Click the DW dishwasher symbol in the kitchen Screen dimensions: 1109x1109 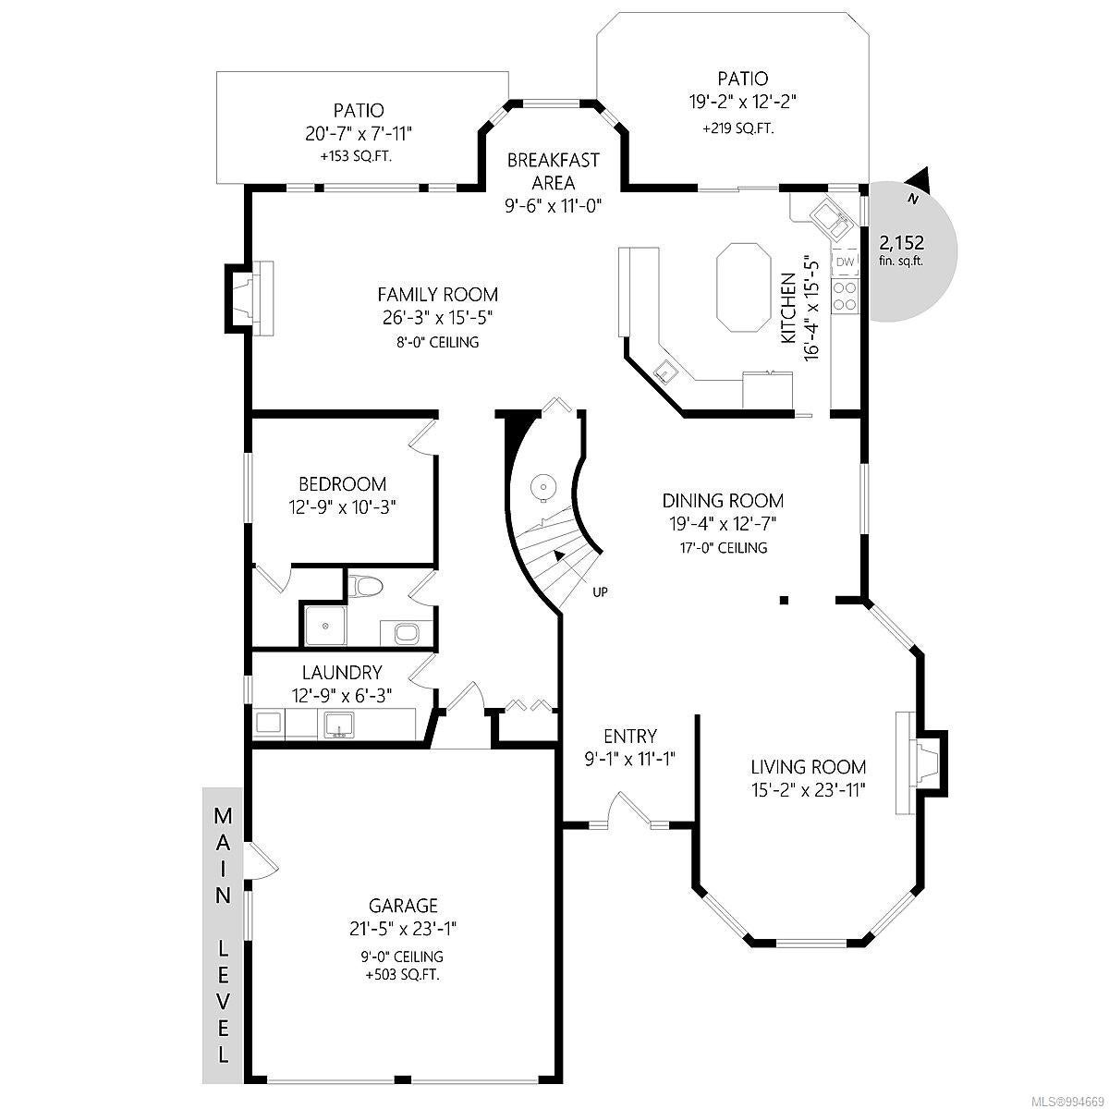(845, 262)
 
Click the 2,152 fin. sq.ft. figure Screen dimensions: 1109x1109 (902, 250)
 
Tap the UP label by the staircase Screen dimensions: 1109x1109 (600, 591)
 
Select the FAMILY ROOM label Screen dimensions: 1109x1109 (437, 295)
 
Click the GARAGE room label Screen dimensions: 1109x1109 (403, 906)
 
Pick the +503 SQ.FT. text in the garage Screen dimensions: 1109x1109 (403, 975)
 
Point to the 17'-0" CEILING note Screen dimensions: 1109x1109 (723, 547)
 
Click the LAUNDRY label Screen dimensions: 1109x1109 (342, 672)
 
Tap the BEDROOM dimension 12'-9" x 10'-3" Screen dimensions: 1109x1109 (342, 507)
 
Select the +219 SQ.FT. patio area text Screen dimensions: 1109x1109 (737, 128)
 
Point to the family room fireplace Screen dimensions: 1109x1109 (250, 298)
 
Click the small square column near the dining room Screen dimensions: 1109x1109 (784, 601)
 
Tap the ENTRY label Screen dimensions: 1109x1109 (629, 736)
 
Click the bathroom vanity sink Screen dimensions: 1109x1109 (408, 633)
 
